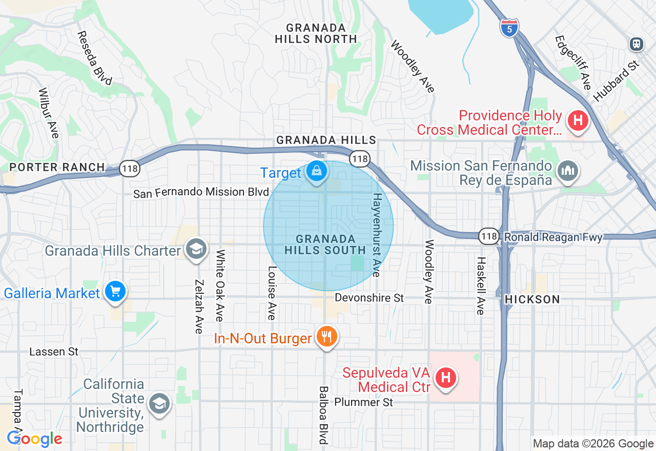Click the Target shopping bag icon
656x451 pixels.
point(317,171)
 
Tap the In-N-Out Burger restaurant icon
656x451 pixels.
point(326,337)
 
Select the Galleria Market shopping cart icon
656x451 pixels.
point(115,292)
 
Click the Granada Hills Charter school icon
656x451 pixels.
point(195,250)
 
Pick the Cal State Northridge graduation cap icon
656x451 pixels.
point(159,404)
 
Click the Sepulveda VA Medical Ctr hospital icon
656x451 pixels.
point(445,379)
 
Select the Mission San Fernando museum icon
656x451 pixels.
point(567,171)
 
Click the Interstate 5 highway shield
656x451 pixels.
point(509,28)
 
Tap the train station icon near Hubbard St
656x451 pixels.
point(637,44)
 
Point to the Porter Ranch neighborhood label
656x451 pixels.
point(57,167)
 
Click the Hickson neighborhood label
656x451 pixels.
point(532,299)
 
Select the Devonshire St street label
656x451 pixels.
point(369,298)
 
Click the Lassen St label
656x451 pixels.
point(54,352)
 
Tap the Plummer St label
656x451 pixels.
point(363,402)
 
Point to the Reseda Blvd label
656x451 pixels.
point(94,58)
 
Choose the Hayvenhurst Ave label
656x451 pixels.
point(378,235)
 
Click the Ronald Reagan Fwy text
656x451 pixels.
point(553,237)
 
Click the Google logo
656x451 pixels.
point(34,439)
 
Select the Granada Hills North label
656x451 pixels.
point(316,33)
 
